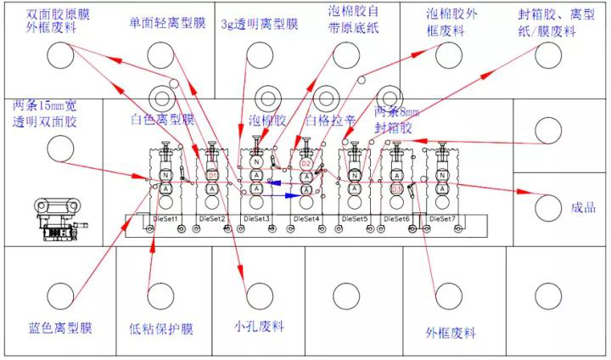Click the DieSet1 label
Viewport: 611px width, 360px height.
[165, 219]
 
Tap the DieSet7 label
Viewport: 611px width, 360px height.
[441, 219]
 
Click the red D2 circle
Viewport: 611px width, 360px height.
[306, 161]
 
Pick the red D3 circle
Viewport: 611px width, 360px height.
[397, 188]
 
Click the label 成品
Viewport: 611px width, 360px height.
[585, 207]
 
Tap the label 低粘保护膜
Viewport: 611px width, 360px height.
[161, 329]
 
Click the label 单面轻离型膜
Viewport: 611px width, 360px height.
[167, 23]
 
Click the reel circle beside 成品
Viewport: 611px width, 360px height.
[547, 206]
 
